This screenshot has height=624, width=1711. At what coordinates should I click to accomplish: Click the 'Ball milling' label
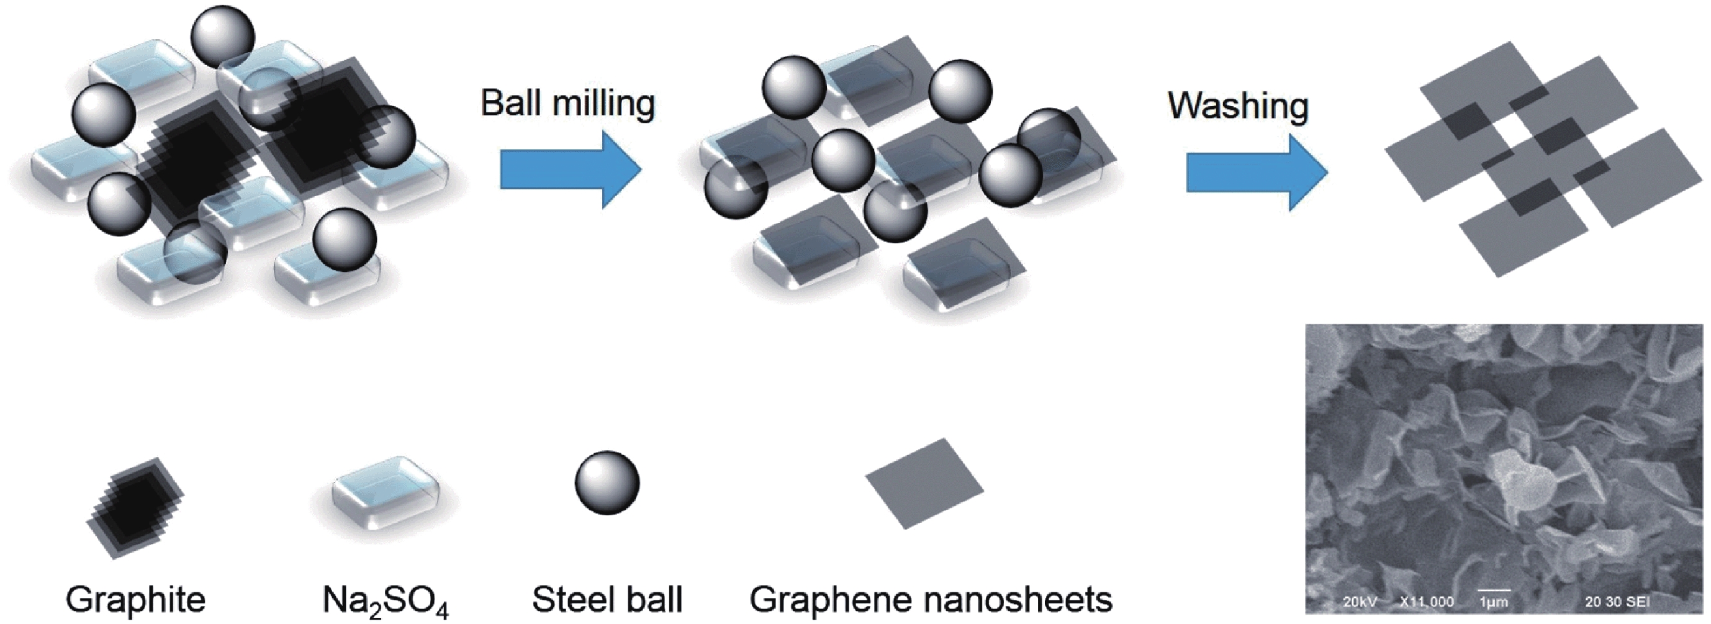pyautogui.click(x=568, y=104)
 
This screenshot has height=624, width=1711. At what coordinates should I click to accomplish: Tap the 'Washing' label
pyautogui.click(x=1238, y=106)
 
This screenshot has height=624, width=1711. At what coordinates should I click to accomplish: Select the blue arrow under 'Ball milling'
pyautogui.click(x=570, y=170)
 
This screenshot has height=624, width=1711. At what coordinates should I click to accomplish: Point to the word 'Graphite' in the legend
pyautogui.click(x=135, y=599)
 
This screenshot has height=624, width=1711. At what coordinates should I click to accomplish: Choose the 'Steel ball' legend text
pyautogui.click(x=607, y=599)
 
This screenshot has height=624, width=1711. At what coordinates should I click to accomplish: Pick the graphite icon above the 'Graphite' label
pyautogui.click(x=135, y=508)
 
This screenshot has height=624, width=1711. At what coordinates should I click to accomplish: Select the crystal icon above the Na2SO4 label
pyautogui.click(x=386, y=492)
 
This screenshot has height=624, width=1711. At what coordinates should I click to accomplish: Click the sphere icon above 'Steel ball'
pyautogui.click(x=607, y=483)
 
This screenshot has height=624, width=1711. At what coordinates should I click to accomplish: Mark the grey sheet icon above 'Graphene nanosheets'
pyautogui.click(x=924, y=483)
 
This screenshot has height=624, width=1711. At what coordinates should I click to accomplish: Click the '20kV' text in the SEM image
pyautogui.click(x=1359, y=602)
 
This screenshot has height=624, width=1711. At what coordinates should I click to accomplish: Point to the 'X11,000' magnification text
pyautogui.click(x=1427, y=602)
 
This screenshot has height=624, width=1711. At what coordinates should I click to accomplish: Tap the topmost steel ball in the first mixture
pyautogui.click(x=222, y=37)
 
